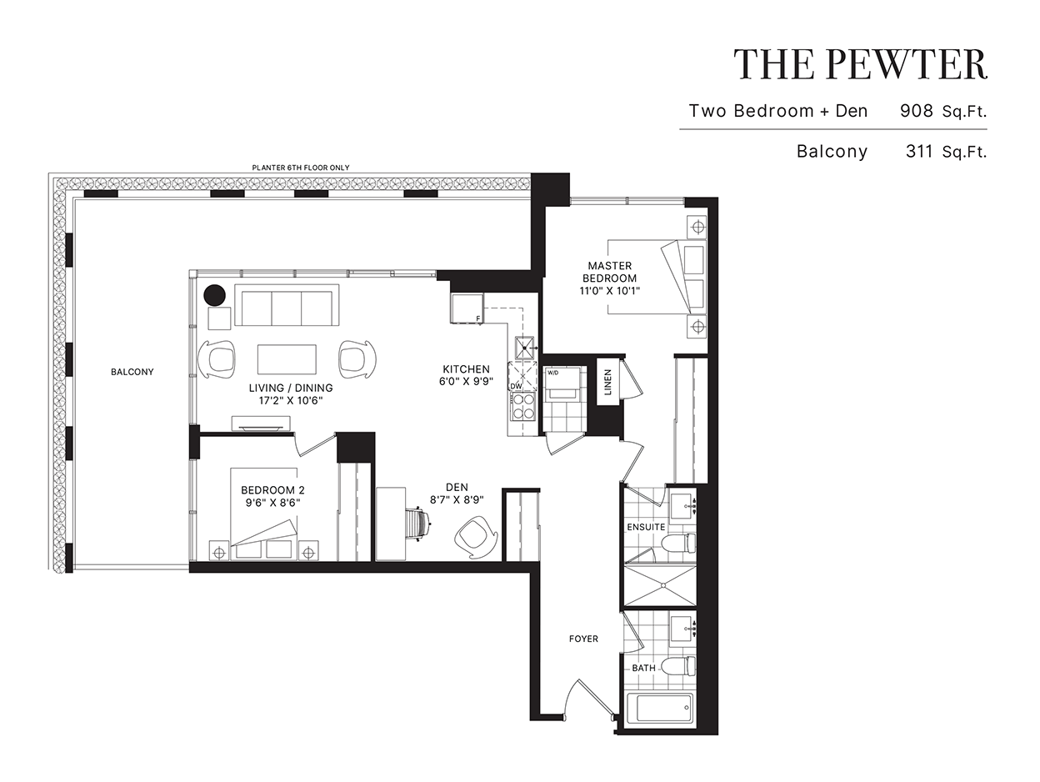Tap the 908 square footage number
pyautogui.click(x=917, y=111)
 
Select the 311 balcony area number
pyautogui.click(x=919, y=152)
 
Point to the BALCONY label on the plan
pyautogui.click(x=132, y=372)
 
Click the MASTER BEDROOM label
pyautogui.click(x=609, y=272)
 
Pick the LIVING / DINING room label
pyautogui.click(x=291, y=388)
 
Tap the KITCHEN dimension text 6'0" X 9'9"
pyautogui.click(x=466, y=382)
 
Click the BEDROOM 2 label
pyautogui.click(x=272, y=490)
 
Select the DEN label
pyautogui.click(x=457, y=487)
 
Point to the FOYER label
pyautogui.click(x=583, y=639)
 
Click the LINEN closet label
pyautogui.click(x=607, y=382)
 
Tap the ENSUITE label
pyautogui.click(x=646, y=527)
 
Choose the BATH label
pyautogui.click(x=643, y=668)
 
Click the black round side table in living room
pyautogui.click(x=215, y=295)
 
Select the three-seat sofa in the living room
pyautogui.click(x=287, y=306)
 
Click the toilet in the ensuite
pyautogui.click(x=678, y=543)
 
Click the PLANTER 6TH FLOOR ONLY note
pyautogui.click(x=301, y=168)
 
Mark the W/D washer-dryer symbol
pyautogui.click(x=562, y=383)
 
